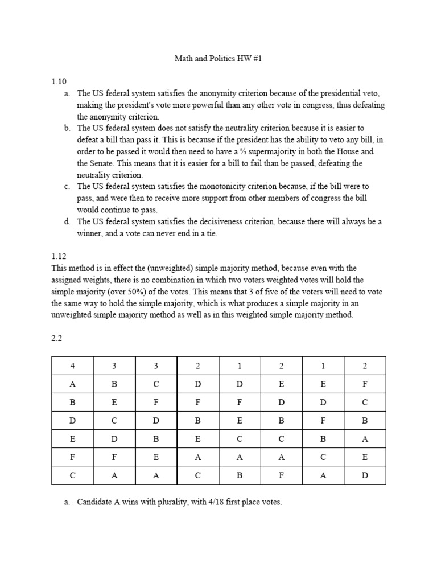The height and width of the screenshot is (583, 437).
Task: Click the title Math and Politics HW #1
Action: (218, 59)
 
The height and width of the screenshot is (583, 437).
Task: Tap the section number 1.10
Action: (59, 81)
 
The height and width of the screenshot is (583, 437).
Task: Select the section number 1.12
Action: (59, 256)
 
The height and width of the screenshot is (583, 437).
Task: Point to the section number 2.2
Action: (56, 338)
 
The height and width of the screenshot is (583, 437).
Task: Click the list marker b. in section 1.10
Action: (67, 128)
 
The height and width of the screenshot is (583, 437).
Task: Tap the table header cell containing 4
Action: (72, 366)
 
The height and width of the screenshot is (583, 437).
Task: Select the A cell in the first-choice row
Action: (72, 384)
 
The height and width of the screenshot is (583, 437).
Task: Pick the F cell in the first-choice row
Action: (365, 384)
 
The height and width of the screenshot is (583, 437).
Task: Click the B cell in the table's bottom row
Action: (240, 475)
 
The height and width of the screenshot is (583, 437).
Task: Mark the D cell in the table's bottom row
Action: (365, 475)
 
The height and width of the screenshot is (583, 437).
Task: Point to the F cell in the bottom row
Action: (281, 475)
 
